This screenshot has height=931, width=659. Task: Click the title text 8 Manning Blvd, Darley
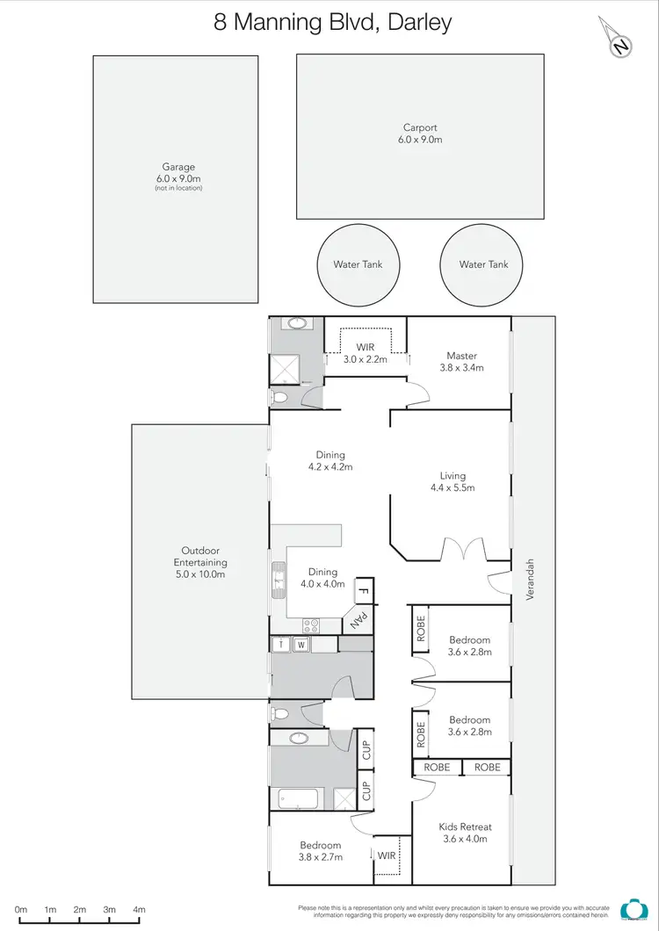333,22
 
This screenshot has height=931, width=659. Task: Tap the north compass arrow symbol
620,40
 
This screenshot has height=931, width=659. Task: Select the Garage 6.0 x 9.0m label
177,172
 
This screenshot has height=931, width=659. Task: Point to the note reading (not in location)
177,188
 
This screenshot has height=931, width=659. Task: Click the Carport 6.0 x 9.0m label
420,134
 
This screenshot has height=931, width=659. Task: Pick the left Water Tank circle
358,264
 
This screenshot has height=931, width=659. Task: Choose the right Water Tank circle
483,264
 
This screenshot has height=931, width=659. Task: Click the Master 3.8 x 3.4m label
461,361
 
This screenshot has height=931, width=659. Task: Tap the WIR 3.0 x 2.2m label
365,353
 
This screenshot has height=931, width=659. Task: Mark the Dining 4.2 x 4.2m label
330,461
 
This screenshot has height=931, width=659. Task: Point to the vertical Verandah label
530,580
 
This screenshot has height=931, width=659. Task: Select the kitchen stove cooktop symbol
311,625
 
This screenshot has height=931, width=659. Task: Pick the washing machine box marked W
300,645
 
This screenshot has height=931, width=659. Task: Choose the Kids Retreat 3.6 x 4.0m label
464,833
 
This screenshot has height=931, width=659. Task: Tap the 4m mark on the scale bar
139,910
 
